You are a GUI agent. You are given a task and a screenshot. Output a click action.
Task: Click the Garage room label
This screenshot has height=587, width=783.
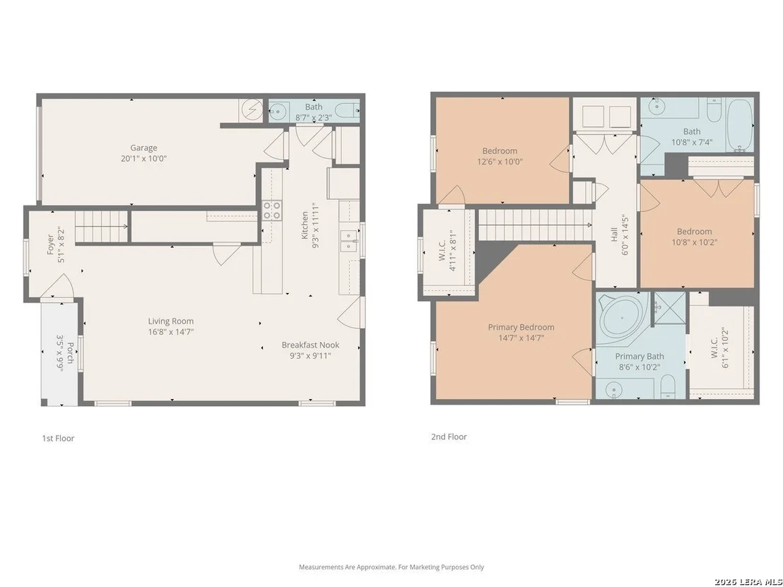[x=144, y=148]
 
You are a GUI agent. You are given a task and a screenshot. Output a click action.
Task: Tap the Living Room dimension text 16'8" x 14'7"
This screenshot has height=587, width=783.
[x=171, y=332]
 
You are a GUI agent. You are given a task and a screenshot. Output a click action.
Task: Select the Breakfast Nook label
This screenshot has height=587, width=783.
[x=310, y=345]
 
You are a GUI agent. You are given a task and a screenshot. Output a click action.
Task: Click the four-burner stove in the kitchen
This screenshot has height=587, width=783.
[x=271, y=210]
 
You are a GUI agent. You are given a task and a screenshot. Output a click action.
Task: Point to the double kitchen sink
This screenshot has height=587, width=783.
[x=348, y=241]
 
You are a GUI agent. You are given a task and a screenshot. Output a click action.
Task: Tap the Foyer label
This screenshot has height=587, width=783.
[x=50, y=244]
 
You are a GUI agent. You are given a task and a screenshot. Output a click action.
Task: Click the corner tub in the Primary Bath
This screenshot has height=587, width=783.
[x=623, y=317]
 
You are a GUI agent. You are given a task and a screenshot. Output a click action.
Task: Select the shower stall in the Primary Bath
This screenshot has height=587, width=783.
[x=670, y=309]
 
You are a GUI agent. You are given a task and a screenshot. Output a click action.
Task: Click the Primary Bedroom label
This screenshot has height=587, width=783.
[x=521, y=328]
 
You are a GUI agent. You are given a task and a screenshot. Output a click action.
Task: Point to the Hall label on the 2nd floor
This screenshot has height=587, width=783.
[x=614, y=235]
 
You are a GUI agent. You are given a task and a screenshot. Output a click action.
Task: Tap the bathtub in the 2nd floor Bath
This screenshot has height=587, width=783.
[x=740, y=125]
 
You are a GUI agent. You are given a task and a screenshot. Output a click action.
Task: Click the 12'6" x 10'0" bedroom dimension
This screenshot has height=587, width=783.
[x=500, y=162]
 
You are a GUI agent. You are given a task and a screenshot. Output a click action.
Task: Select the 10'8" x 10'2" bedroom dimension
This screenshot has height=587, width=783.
[x=695, y=242]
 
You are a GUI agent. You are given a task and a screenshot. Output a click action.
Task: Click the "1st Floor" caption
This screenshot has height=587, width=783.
[x=58, y=438]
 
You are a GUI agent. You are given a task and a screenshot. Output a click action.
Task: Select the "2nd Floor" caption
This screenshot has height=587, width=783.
[x=449, y=437]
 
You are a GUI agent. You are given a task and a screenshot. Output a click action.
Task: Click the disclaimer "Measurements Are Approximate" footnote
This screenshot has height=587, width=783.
[x=391, y=567]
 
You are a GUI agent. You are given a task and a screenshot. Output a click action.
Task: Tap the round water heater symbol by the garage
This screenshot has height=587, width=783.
[x=251, y=109]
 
